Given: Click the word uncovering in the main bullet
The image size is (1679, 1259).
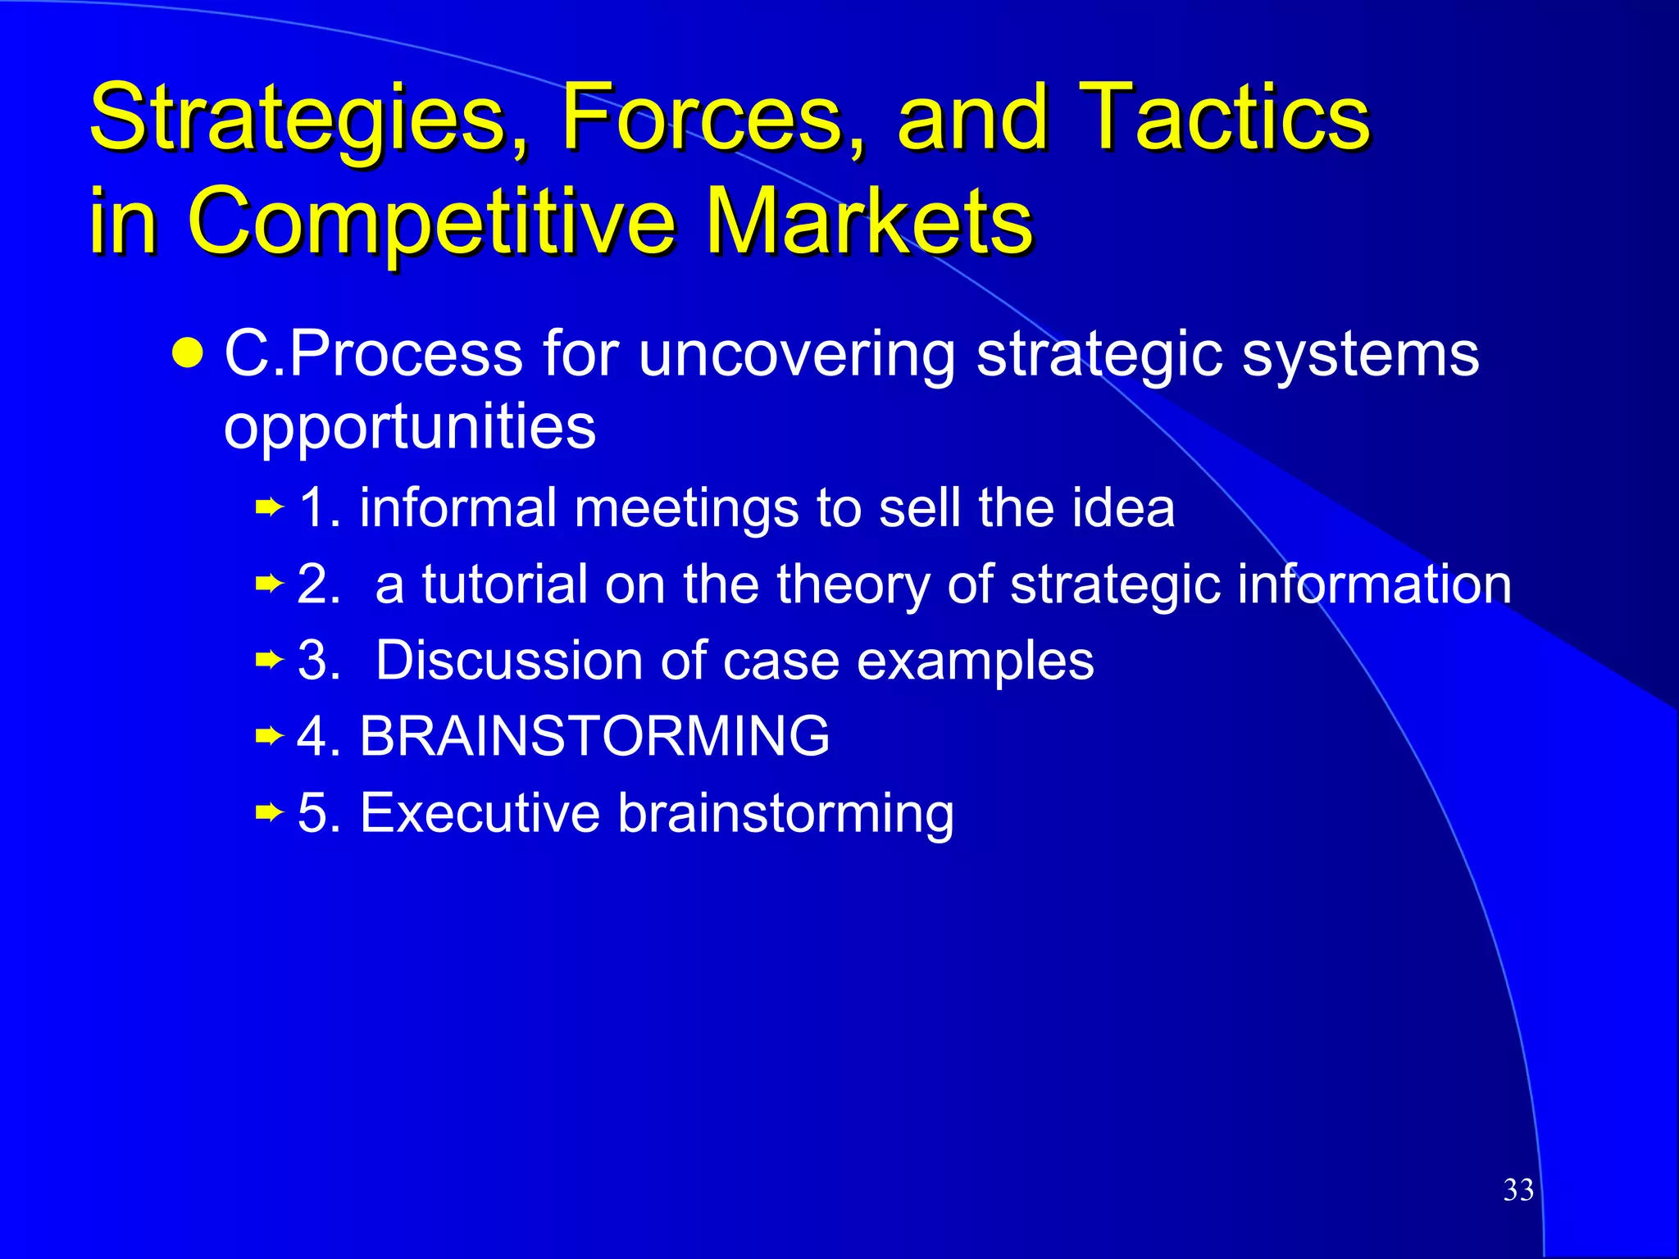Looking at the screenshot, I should pyautogui.click(x=796, y=354).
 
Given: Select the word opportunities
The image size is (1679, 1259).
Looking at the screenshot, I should pyautogui.click(x=409, y=428).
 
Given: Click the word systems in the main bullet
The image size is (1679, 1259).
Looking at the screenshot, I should pyautogui.click(x=1360, y=354).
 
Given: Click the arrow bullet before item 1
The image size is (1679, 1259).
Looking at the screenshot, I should pyautogui.click(x=269, y=508).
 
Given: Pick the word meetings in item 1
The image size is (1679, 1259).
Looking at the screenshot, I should pyautogui.click(x=685, y=508).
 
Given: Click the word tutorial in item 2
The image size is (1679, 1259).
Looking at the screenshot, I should pyautogui.click(x=504, y=584).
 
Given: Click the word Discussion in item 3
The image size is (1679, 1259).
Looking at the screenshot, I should pyautogui.click(x=509, y=660).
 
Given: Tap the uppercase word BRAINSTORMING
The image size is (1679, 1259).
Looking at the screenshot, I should pyautogui.click(x=594, y=735).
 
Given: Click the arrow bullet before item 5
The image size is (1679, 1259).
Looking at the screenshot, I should pyautogui.click(x=269, y=813).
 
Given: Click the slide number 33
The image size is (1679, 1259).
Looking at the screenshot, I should pyautogui.click(x=1518, y=1190).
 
